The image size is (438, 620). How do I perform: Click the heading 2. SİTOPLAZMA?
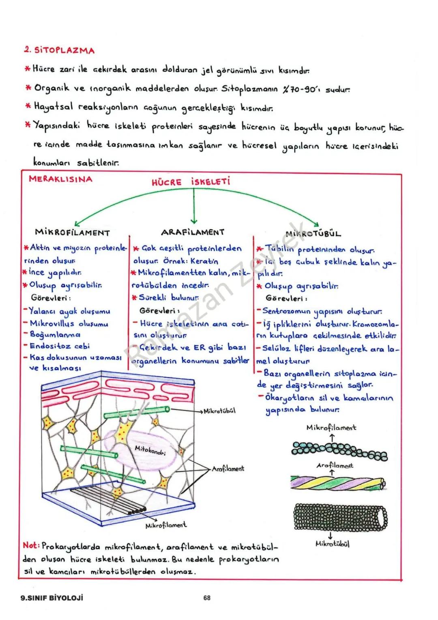pyautogui.click(x=59, y=50)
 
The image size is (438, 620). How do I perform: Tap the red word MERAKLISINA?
pyautogui.click(x=60, y=179)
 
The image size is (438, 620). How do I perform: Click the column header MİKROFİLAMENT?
pyautogui.click(x=72, y=232)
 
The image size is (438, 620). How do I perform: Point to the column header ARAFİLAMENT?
pyautogui.click(x=193, y=232)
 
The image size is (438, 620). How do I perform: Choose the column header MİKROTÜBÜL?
pyautogui.click(x=313, y=234)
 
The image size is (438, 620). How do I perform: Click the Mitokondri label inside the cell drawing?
pyautogui.click(x=150, y=450)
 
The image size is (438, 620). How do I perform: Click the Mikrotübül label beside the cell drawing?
pyautogui.click(x=219, y=411)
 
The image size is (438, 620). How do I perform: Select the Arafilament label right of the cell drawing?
pyautogui.click(x=228, y=469)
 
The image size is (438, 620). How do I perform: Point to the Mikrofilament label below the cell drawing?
pyautogui.click(x=166, y=525)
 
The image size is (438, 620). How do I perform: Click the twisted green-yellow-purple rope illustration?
pyautogui.click(x=338, y=482)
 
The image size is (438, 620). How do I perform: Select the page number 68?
pyautogui.click(x=207, y=598)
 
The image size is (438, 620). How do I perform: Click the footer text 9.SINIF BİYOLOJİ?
pyautogui.click(x=52, y=598)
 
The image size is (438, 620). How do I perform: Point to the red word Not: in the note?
pyautogui.click(x=31, y=545)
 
